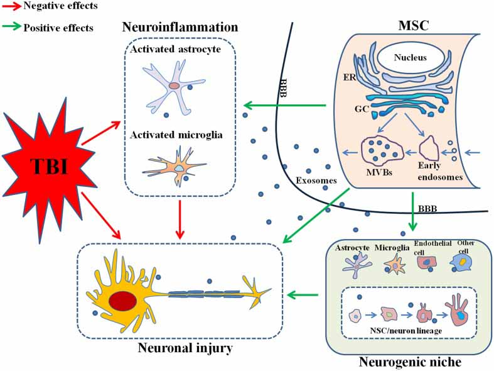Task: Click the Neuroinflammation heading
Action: point(180,27)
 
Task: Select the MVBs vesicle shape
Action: point(380,152)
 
